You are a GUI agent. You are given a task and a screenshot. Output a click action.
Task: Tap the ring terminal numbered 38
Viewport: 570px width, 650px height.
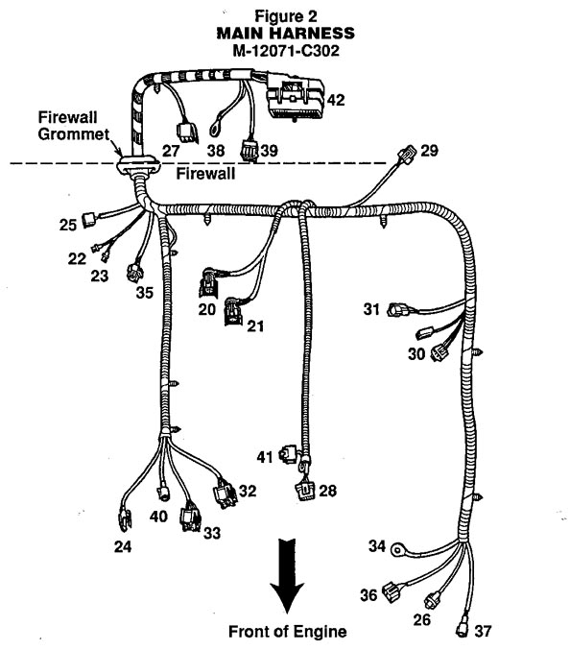coord(216,127)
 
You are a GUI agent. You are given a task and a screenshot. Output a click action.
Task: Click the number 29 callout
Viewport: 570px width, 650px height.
coord(429,151)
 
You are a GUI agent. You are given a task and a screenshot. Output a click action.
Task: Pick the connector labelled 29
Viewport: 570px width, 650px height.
coord(406,154)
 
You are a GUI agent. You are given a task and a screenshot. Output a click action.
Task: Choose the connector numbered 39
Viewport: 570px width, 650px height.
coord(249,151)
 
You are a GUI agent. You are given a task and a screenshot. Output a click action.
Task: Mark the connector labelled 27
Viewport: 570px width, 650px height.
coord(187,132)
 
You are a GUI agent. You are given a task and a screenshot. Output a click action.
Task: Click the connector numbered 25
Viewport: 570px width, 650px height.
coord(89,220)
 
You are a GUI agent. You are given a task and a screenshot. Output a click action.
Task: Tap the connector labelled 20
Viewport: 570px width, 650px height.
coord(208,282)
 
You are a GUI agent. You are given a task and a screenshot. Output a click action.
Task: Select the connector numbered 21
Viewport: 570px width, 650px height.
coord(233,311)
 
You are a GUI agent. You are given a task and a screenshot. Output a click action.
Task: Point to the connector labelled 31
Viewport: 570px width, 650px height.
coord(396,310)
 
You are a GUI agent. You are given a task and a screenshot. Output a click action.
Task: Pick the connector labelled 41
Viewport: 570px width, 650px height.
coord(288,453)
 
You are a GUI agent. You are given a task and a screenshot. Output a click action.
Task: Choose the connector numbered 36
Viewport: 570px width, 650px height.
coord(392,590)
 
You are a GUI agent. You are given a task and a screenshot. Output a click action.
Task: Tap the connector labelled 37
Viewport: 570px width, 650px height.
coord(463,629)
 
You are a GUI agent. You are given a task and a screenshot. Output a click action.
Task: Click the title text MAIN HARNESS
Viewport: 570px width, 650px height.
coord(285,34)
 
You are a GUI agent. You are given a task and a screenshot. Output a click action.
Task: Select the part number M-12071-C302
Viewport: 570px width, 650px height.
coord(286,51)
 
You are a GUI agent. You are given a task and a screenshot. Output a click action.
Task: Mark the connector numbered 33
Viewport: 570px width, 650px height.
coord(190,517)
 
